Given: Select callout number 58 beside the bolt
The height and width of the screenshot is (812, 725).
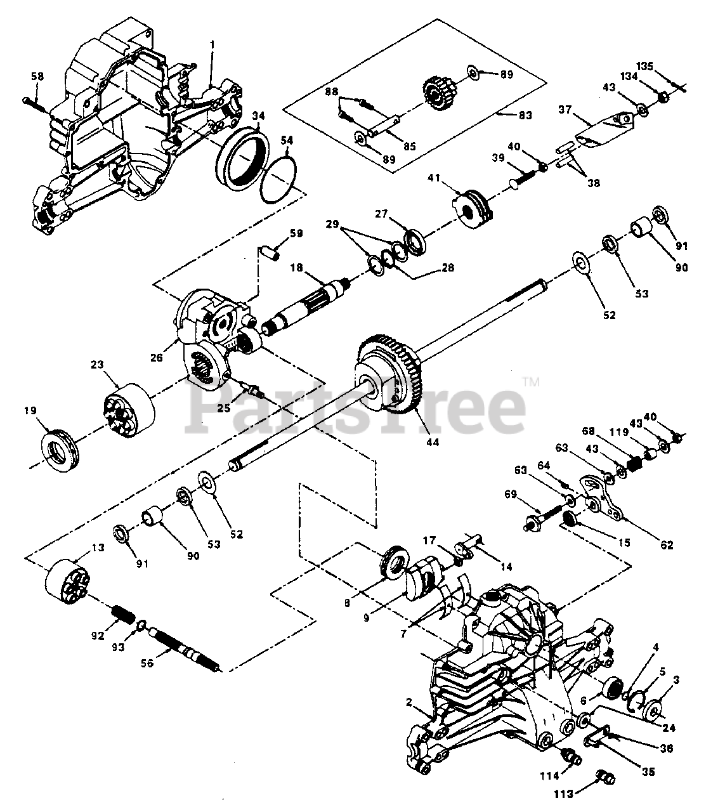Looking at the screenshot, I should tap(37, 77).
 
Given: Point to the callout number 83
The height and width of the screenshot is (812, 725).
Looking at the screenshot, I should tap(525, 115).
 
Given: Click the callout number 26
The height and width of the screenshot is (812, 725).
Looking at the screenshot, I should tap(157, 358).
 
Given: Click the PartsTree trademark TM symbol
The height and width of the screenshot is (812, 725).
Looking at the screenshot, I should tap(531, 382).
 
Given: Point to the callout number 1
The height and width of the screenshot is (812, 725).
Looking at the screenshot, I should tap(212, 45).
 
